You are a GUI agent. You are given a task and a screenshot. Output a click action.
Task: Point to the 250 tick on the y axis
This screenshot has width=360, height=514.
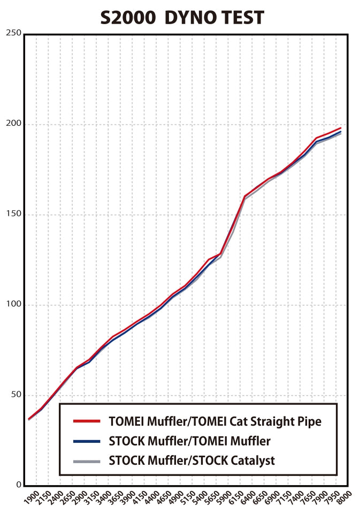(x=14, y=33)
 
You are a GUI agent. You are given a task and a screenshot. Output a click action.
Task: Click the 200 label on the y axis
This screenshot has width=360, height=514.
(x=14, y=124)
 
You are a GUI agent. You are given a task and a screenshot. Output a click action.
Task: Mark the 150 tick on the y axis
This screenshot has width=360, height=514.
(x=14, y=214)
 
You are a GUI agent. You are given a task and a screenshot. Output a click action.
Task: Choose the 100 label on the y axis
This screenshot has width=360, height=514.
(x=14, y=305)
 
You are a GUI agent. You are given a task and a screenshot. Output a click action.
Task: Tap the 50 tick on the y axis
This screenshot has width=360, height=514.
(x=16, y=395)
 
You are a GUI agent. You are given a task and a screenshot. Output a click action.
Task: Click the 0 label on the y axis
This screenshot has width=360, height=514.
(x=18, y=485)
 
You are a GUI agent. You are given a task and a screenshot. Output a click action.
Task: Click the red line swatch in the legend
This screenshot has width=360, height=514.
(x=87, y=421)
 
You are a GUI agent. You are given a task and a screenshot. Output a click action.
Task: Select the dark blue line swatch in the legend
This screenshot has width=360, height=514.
(x=87, y=441)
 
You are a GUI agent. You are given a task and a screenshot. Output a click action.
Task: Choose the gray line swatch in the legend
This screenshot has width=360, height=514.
(x=87, y=460)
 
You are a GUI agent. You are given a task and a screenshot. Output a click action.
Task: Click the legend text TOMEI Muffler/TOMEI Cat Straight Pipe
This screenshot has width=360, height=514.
(x=215, y=421)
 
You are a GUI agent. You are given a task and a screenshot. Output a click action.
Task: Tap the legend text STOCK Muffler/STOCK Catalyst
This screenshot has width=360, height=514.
(x=192, y=460)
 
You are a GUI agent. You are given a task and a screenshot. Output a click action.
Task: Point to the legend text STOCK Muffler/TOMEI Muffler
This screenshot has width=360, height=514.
(x=189, y=441)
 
